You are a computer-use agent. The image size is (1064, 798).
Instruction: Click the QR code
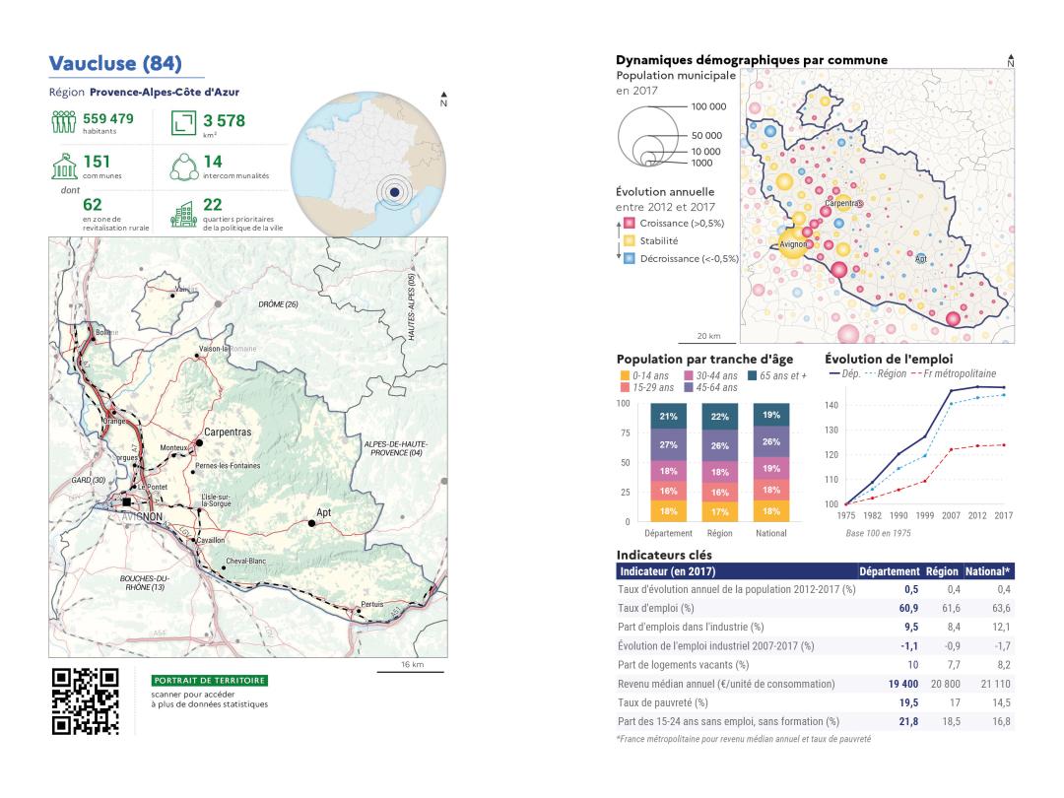tap(86, 701)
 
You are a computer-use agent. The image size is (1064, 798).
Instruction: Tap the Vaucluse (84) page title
tap(115, 64)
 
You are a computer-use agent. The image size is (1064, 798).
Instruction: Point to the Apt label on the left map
tap(323, 513)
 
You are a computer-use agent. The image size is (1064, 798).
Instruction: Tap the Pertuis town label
tap(372, 603)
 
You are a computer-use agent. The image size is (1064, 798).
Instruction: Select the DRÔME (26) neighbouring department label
tap(278, 304)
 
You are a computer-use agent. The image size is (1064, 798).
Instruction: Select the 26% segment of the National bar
tap(770, 441)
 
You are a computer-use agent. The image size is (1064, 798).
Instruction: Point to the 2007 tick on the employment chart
tap(952, 515)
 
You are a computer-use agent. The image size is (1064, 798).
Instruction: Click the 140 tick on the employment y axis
tap(831, 405)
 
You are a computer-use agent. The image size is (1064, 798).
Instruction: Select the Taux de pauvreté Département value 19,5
tap(904, 702)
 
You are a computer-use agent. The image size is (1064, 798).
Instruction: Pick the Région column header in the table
tap(941, 571)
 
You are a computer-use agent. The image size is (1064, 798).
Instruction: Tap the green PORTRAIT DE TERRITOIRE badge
tap(210, 680)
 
